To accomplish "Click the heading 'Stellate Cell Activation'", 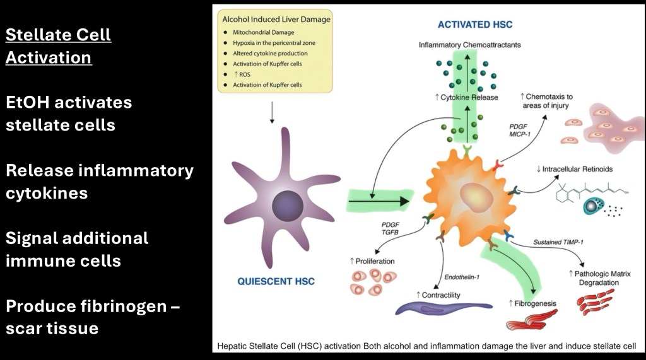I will [x=58, y=46].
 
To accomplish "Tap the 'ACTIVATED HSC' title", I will [x=475, y=25].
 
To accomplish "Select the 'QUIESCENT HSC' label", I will [x=276, y=281].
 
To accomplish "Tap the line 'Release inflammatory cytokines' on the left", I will [x=99, y=182].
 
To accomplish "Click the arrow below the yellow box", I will [x=271, y=112].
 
